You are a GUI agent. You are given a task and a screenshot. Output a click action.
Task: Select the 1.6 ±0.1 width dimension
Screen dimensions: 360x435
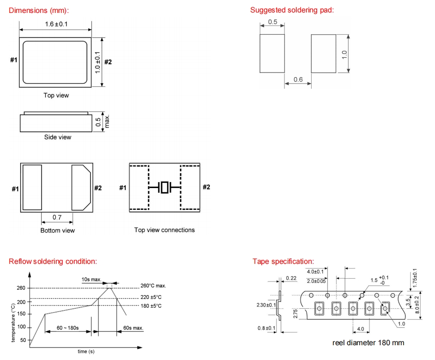[x=56, y=24]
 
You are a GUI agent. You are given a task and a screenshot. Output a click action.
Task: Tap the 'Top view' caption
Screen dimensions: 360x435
[x=56, y=95]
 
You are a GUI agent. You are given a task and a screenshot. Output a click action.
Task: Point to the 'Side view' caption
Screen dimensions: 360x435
[x=58, y=137]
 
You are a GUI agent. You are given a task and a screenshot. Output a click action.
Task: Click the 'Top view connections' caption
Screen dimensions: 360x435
[x=164, y=230]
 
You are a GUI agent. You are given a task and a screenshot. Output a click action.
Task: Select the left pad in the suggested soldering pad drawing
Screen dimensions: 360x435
[x=272, y=54]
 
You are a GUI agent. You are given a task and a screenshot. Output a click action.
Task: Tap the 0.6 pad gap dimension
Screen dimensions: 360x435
[x=298, y=79]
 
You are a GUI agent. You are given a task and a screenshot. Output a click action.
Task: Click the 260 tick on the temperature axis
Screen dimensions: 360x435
[x=21, y=288]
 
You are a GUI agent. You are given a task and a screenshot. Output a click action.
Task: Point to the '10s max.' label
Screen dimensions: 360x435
[x=91, y=280]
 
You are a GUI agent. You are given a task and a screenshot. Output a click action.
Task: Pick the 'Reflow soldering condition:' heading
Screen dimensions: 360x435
[x=53, y=262]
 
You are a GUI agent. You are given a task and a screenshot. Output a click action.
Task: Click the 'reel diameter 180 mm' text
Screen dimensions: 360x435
[x=368, y=342]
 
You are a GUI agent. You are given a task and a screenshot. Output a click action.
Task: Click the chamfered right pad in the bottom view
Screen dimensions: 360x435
[x=81, y=187]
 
